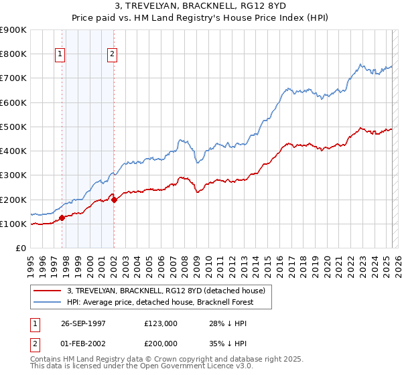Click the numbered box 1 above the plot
[x=61, y=55]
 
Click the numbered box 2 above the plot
[x=112, y=55]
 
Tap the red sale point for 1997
[x=62, y=218]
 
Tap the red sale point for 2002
[x=114, y=199]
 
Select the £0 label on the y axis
[x=21, y=248]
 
